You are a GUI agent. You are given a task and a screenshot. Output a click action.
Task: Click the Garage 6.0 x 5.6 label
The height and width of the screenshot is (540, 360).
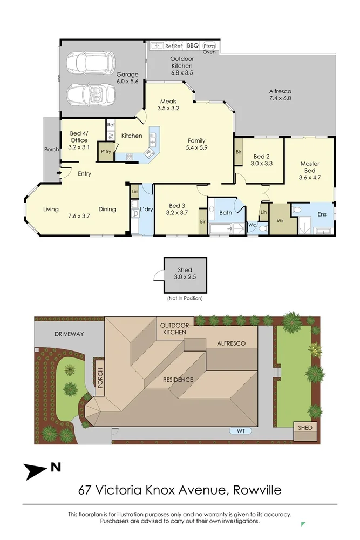pos(127,78)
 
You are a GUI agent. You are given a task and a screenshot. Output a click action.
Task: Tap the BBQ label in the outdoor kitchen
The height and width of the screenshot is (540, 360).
pos(193,46)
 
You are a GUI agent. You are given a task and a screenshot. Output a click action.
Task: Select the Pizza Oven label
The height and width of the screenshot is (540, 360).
pos(209,49)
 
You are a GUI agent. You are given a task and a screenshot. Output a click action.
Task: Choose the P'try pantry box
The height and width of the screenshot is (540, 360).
pos(105,152)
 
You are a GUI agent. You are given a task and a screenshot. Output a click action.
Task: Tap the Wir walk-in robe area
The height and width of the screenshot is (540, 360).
pos(280,220)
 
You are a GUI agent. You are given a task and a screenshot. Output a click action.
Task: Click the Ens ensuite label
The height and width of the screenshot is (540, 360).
pos(322,214)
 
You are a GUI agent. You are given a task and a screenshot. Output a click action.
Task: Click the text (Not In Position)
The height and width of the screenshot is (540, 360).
pos(185,298)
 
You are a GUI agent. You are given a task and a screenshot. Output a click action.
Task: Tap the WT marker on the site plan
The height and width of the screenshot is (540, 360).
pos(240,431)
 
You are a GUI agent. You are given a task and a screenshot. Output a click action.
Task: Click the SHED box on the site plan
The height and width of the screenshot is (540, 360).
pos(305,427)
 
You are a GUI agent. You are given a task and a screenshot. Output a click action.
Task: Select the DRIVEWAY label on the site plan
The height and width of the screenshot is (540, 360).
pos(69,334)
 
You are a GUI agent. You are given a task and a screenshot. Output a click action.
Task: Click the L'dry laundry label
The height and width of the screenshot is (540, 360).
pos(146,209)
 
